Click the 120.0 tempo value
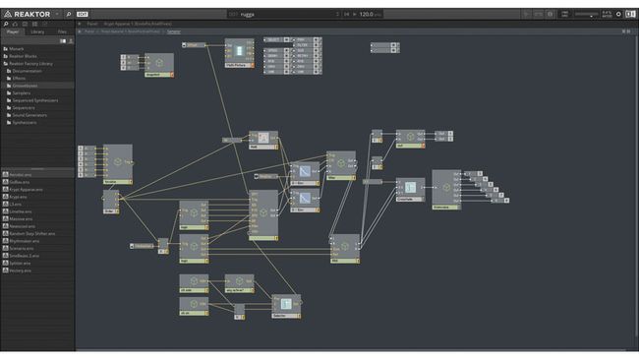tap(367, 15)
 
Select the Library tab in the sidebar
tap(37, 31)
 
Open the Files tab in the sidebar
tap(61, 31)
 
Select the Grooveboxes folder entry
tap(25, 85)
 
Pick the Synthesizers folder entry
tap(26, 123)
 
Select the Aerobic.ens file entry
tap(20, 174)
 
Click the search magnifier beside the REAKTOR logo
tap(69, 15)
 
